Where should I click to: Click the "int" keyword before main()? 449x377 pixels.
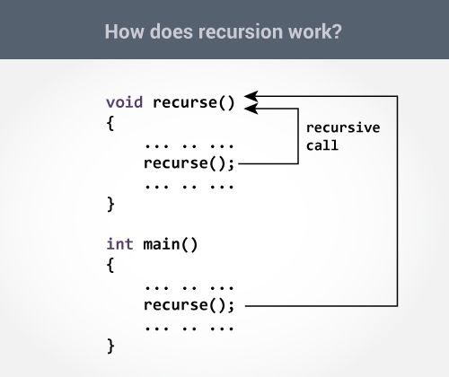[x=120, y=243]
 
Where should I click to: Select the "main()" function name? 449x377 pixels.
[x=170, y=243]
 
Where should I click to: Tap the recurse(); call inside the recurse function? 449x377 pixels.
[x=189, y=163]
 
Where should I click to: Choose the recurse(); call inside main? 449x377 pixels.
[x=189, y=305]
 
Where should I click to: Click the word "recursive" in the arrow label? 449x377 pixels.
[x=342, y=127]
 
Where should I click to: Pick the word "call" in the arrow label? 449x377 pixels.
[x=321, y=145]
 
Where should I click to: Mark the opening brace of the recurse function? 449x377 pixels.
[x=110, y=123]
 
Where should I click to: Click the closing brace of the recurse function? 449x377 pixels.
[x=110, y=205]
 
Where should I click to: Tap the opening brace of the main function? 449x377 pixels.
[x=110, y=265]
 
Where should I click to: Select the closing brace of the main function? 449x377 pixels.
[x=110, y=346]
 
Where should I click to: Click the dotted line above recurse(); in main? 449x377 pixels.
[x=189, y=286]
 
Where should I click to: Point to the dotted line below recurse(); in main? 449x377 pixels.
[x=189, y=327]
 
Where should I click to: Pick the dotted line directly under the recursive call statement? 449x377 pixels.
[x=189, y=185]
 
